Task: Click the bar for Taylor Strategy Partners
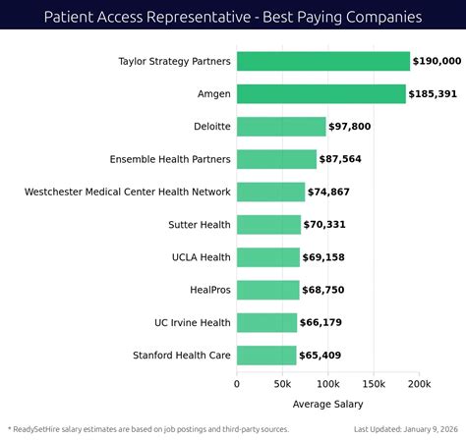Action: click(322, 61)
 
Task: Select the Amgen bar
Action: click(320, 93)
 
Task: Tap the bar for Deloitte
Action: click(281, 126)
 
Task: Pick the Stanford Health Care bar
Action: click(266, 355)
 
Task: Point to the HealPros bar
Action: click(267, 289)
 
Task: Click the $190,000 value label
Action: click(437, 62)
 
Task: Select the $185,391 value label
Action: click(434, 94)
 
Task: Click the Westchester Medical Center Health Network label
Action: click(128, 192)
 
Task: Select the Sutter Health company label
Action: click(201, 225)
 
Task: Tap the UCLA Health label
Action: click(202, 257)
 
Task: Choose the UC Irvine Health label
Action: click(193, 322)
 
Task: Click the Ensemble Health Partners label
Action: click(170, 159)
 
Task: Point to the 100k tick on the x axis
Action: click(327, 384)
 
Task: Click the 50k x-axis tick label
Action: click(282, 384)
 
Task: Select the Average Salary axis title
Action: click(327, 404)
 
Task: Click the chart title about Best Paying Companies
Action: click(233, 17)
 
